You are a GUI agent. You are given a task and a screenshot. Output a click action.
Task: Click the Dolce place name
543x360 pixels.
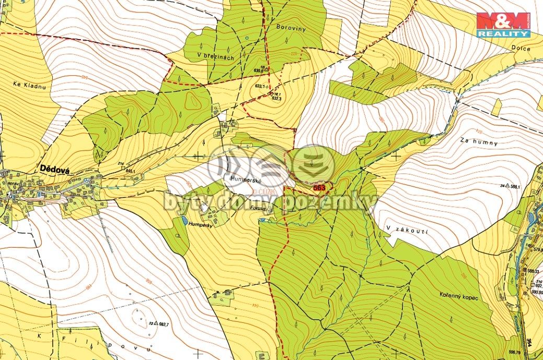pyautogui.click(x=522, y=49)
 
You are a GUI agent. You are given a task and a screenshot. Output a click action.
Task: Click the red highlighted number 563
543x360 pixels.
pyautogui.click(x=319, y=188)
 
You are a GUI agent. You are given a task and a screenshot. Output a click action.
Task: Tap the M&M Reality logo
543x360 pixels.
pyautogui.click(x=503, y=24)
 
